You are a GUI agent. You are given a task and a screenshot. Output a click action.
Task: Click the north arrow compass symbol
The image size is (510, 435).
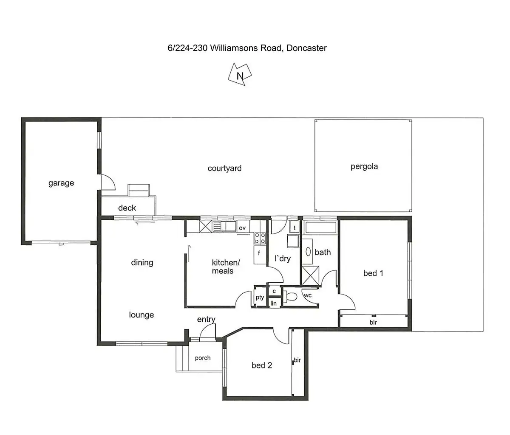point(240,75)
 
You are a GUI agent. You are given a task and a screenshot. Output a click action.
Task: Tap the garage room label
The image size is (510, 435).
point(61,183)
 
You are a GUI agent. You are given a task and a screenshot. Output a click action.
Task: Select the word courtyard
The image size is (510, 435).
point(224,168)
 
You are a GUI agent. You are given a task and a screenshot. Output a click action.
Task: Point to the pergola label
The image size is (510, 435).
point(364,166)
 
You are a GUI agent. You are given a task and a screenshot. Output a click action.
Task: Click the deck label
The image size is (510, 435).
point(127,208)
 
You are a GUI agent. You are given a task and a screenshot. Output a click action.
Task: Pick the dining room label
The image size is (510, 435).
point(142,262)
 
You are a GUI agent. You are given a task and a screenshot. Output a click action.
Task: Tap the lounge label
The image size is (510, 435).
point(142,315)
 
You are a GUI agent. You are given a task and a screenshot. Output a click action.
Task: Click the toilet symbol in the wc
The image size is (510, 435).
point(291,296)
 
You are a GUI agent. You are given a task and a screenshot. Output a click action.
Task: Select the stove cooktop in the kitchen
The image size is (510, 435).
point(260,239)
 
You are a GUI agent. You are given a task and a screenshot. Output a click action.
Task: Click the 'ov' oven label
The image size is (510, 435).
point(242,228)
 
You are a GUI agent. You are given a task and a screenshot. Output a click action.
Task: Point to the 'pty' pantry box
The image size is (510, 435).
point(260,297)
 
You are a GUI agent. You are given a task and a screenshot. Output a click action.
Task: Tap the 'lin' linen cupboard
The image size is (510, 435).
point(274,303)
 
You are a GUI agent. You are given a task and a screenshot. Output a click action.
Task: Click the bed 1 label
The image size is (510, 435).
point(373,273)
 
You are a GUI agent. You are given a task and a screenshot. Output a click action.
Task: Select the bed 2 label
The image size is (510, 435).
point(262,365)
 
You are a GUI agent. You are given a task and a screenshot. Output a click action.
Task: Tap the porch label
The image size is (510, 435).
point(203,358)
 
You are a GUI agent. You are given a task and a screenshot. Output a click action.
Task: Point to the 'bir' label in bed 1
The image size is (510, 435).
point(373,323)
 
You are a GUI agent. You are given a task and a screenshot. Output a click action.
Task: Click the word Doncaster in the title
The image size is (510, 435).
point(306,48)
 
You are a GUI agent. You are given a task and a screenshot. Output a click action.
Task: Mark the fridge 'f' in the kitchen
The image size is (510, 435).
point(259,255)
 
